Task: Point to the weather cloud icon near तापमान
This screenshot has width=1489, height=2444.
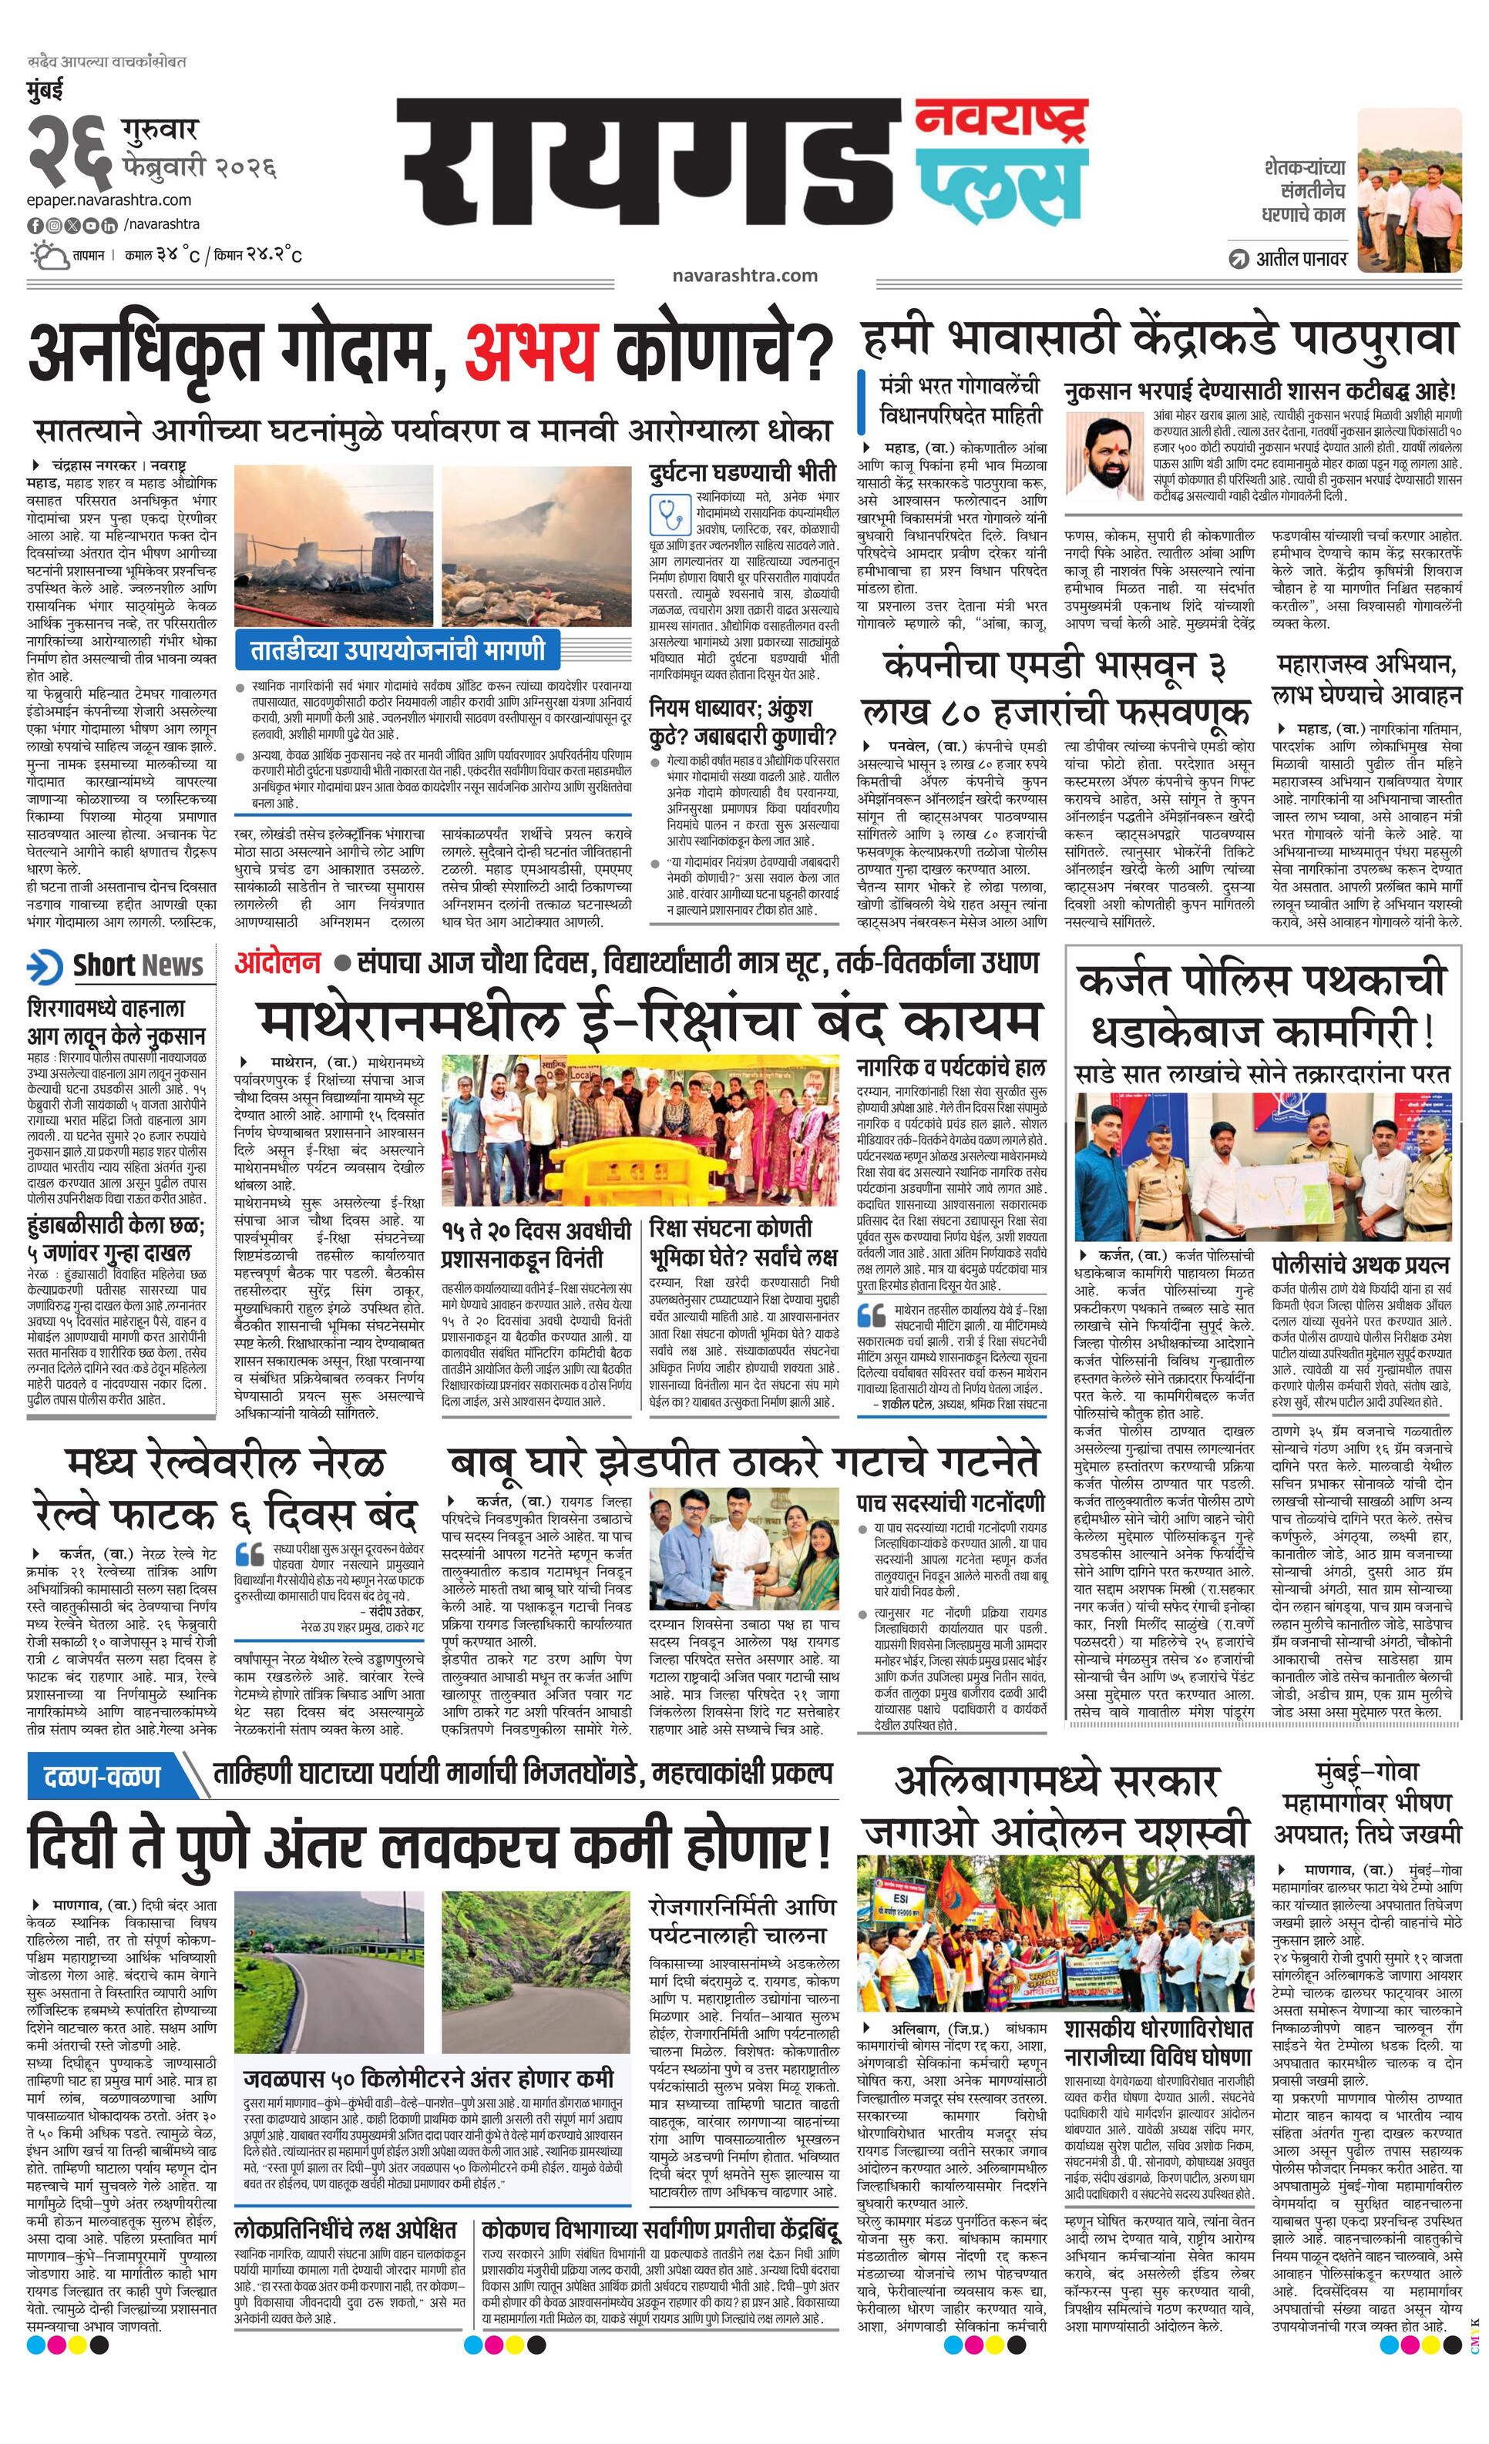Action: [x=48, y=256]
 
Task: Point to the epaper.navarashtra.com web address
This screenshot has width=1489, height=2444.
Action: [x=109, y=200]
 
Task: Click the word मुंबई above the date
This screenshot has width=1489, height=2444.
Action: [x=44, y=90]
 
